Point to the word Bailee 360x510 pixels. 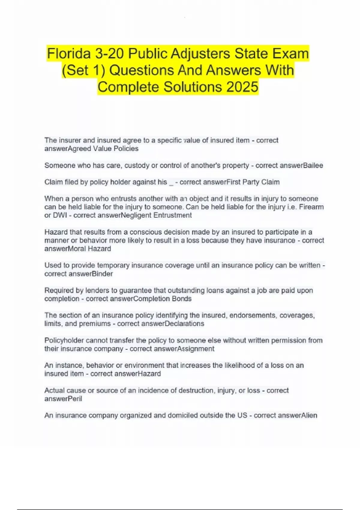(x=313, y=166)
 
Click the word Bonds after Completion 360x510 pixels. (x=181, y=299)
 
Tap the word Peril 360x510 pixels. (x=75, y=399)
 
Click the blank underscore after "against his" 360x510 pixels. (x=171, y=182)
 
